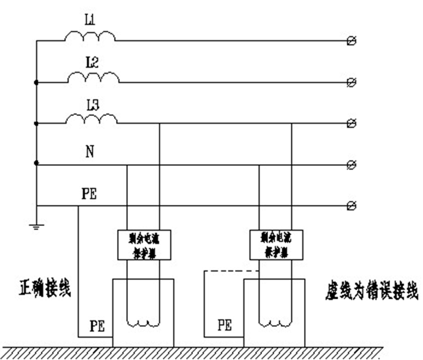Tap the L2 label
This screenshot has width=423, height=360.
(92, 62)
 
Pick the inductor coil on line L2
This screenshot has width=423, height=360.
(93, 78)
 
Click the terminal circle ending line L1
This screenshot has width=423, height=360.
(352, 40)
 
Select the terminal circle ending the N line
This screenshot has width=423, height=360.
(352, 164)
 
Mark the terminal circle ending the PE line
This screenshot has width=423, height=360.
(352, 206)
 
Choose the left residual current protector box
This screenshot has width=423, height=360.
(144, 243)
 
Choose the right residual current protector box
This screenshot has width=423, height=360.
(275, 243)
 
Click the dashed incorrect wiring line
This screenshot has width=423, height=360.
(231, 271)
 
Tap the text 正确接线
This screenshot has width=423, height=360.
(45, 289)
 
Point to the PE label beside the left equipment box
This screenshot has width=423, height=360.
(98, 326)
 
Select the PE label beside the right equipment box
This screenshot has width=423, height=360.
(225, 326)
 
